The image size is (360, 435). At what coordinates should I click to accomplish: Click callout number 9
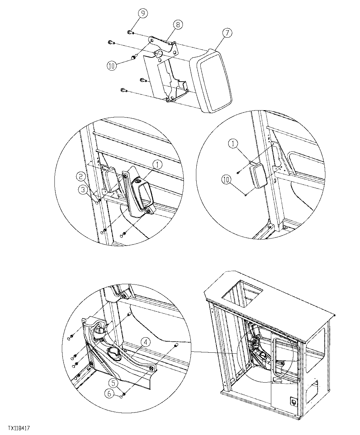[143, 13]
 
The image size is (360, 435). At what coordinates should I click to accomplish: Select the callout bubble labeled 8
[178, 25]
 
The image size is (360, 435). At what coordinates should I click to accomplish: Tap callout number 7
[227, 33]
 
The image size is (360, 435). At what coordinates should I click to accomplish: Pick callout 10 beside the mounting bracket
[112, 66]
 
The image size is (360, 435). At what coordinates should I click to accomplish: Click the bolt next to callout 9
[130, 32]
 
